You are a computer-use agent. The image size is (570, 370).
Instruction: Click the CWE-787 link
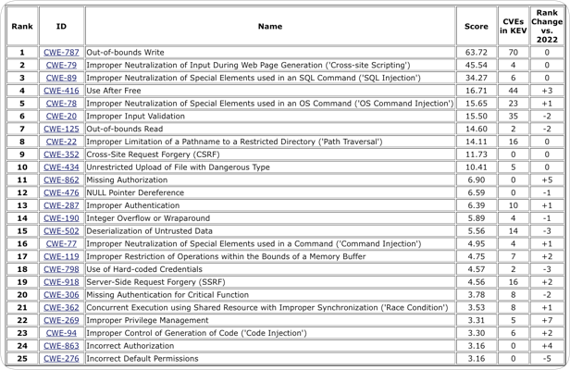(x=61, y=53)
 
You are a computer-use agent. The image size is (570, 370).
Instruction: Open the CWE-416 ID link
(x=61, y=92)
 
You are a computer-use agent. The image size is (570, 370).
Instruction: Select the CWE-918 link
(x=61, y=281)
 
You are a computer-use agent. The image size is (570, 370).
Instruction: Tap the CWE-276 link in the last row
(x=61, y=357)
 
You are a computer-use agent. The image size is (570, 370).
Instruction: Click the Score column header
(x=476, y=27)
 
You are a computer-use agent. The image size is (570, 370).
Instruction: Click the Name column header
(x=270, y=27)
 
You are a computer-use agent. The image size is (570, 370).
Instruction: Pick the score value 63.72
(x=476, y=53)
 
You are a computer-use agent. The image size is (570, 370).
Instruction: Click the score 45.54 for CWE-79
(x=476, y=66)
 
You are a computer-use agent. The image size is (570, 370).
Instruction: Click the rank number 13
(x=21, y=205)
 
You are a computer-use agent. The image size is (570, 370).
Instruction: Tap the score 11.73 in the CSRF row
(x=476, y=154)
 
